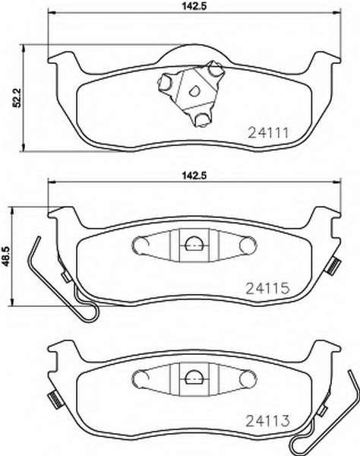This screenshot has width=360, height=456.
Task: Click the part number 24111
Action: coord(268,133)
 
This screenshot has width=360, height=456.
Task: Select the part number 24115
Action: coord(268,288)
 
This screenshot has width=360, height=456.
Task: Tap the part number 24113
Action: coord(268,421)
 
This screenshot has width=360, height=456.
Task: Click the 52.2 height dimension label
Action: coord(17,98)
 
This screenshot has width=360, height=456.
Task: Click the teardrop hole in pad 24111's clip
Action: coord(194,91)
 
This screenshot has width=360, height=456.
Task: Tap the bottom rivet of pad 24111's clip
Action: coord(201,119)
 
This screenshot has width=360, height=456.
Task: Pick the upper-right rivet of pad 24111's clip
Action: coord(215,70)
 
